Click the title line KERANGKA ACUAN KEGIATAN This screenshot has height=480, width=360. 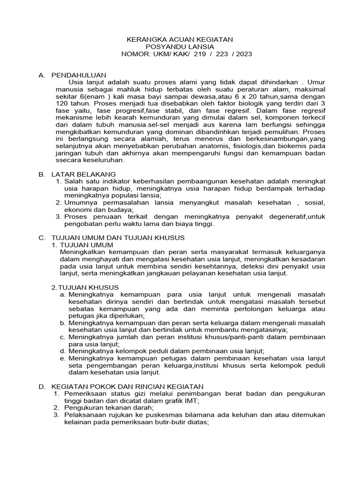coord(180,40)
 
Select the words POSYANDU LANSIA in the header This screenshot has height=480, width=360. coord(180,47)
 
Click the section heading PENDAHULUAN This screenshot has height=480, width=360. coord(79,75)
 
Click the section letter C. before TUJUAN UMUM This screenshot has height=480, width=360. coord(41,238)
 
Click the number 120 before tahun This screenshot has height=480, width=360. coord(62,103)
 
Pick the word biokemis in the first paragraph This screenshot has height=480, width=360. coord(291,145)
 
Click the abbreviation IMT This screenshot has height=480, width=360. coord(192,400)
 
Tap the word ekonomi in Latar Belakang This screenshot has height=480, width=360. coord(78,210)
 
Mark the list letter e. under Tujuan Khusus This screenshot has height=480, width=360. coord(62,358)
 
